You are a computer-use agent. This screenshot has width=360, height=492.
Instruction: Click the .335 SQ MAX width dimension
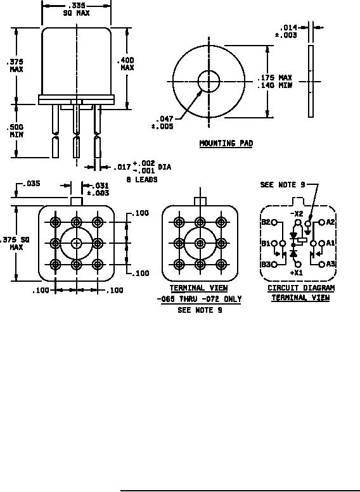click(x=76, y=9)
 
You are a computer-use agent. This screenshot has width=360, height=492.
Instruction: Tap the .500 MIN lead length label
click(x=15, y=131)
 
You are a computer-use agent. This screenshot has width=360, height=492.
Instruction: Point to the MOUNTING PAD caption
click(x=226, y=143)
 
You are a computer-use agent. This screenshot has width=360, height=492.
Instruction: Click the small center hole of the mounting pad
click(x=209, y=81)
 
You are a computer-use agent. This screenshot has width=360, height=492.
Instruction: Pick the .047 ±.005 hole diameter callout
click(x=162, y=122)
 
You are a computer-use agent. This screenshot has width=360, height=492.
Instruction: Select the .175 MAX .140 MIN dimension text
click(x=274, y=81)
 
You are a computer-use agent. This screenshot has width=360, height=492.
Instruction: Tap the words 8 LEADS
click(x=142, y=179)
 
